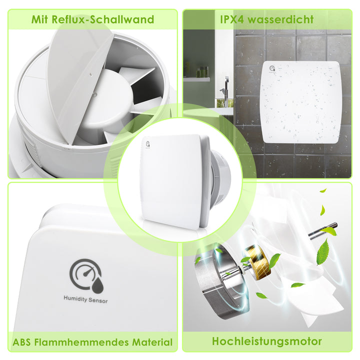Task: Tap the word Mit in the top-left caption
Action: [x=41, y=20]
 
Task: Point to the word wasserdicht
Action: [x=284, y=20]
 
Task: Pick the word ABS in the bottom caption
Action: [x=23, y=342]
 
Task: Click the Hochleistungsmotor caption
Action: [x=267, y=341]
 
